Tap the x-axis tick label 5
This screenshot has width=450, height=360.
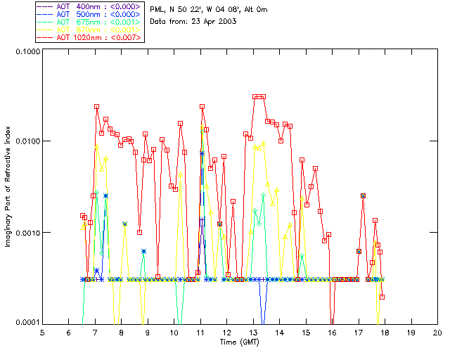[42, 333]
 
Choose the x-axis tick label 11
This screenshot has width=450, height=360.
[200, 333]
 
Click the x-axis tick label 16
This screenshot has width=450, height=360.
[332, 333]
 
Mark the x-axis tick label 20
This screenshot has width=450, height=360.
[437, 333]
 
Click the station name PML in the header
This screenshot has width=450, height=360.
[159, 8]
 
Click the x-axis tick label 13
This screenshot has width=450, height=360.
[253, 333]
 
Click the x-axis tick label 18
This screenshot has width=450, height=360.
[385, 333]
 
